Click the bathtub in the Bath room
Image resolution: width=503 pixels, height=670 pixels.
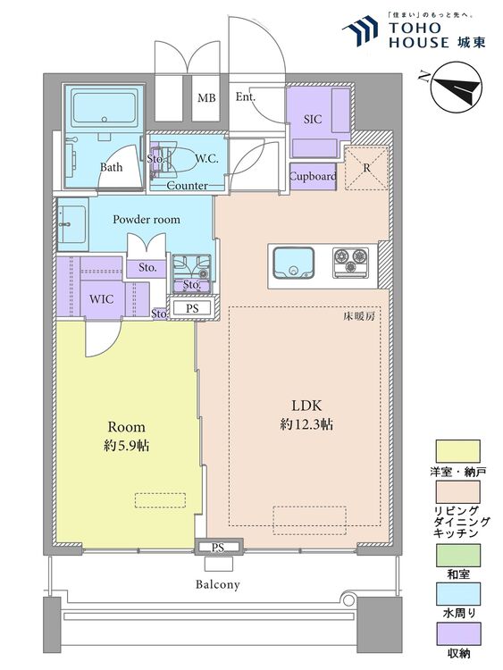click(105, 108)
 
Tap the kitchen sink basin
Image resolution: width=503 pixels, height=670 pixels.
click(293, 263)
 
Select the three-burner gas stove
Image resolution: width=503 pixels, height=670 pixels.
click(350, 261)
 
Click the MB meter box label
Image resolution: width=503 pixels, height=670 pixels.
click(207, 98)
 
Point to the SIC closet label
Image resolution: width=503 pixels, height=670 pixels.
click(313, 119)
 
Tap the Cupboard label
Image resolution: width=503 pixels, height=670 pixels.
click(313, 176)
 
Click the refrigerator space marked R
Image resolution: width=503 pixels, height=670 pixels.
click(366, 168)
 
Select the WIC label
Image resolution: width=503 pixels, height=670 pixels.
click(101, 299)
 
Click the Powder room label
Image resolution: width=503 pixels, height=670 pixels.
click(147, 220)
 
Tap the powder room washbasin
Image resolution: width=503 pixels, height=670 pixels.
click(72, 224)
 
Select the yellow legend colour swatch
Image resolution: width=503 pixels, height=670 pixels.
click(457, 452)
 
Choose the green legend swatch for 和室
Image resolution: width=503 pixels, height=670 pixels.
click(457, 555)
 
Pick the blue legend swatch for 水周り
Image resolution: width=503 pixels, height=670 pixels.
click(457, 594)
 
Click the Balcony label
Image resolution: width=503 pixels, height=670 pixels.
click(217, 584)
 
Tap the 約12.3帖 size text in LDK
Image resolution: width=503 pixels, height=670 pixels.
click(306, 424)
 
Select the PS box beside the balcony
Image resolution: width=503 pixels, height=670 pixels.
click(218, 547)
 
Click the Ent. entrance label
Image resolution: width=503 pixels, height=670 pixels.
click(246, 97)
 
